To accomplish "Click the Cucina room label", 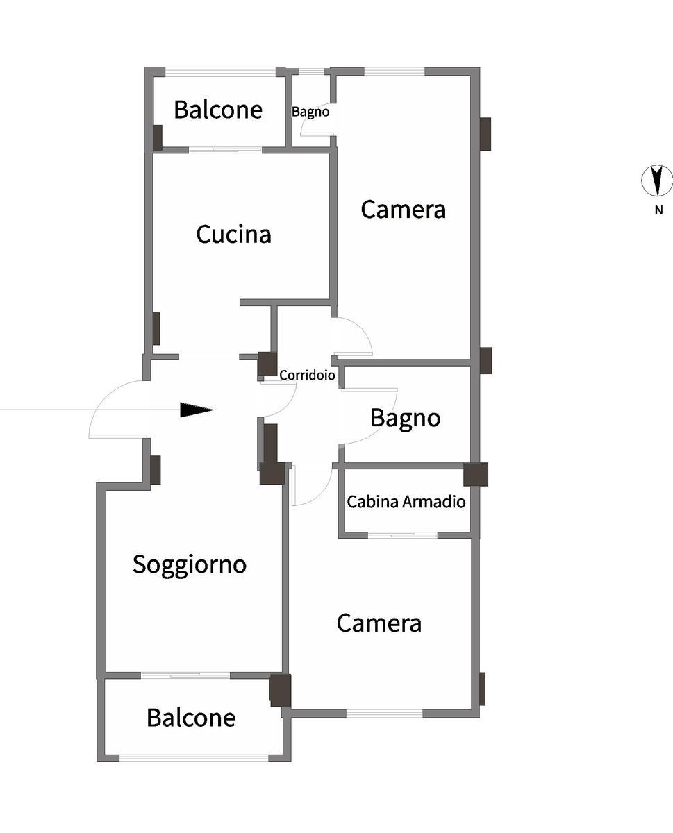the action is coord(233,235).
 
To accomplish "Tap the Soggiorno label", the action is coord(190,564).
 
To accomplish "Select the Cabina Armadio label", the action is coord(406,501).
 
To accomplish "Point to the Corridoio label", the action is coord(307,376).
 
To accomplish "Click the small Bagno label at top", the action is coord(310,111).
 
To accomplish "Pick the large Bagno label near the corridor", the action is coord(405,418).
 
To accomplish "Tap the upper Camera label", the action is coord(403,209).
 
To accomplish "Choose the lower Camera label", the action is coord(379,623).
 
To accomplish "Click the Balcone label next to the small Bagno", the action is coord(218,110).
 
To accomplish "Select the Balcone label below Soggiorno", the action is coord(191,717).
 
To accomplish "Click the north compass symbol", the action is coord(656,180).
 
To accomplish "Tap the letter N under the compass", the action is coord(658,211).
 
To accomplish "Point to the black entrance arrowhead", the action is coord(197,410).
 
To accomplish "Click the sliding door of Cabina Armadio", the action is coord(402,535).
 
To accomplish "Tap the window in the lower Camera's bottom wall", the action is coord(384,713).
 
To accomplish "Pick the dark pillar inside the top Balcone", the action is coord(158,137).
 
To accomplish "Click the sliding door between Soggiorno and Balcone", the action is coord(185,675).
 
